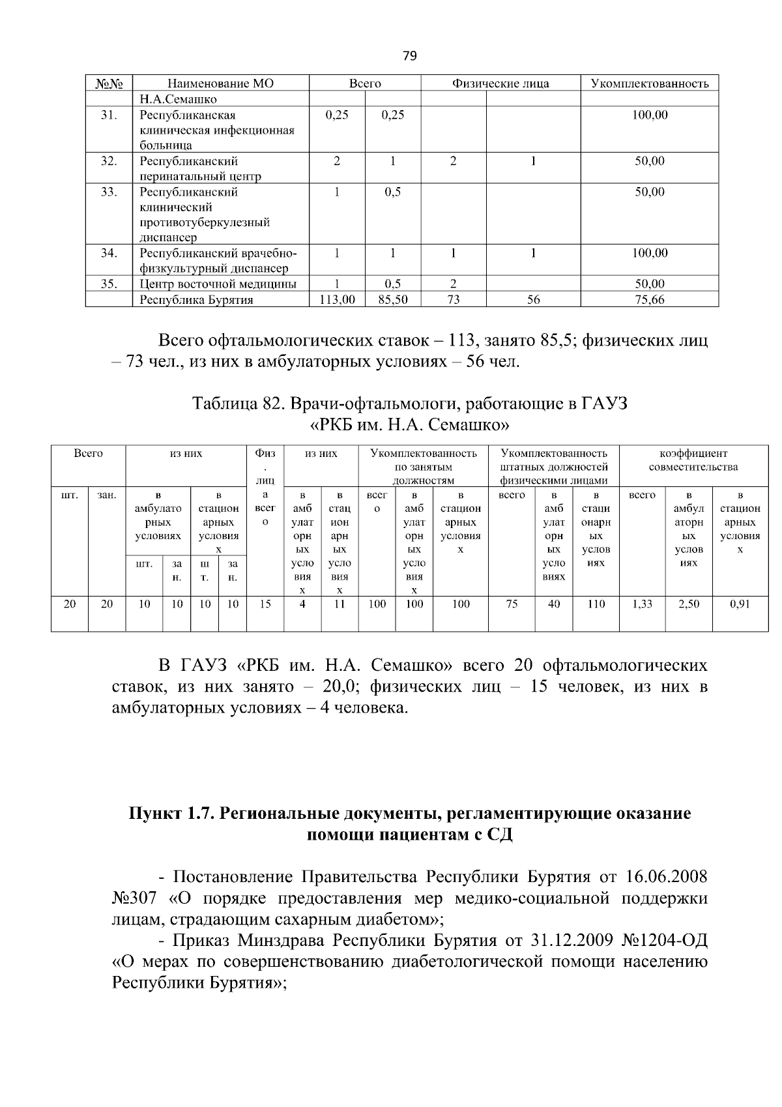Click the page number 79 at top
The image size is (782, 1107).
click(x=409, y=55)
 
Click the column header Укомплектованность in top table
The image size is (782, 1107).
click(x=649, y=83)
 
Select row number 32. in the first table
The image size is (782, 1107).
click(x=109, y=161)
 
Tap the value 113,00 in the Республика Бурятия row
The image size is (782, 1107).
click(x=336, y=300)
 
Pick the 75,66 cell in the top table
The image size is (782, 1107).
click(x=649, y=300)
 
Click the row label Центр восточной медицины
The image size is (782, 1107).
click(x=218, y=284)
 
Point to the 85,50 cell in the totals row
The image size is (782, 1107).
click(x=392, y=300)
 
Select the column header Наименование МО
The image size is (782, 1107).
click(x=220, y=83)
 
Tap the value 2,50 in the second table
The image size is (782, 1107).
click(x=688, y=604)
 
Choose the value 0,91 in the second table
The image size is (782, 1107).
click(x=740, y=604)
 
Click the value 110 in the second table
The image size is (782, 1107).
click(x=595, y=604)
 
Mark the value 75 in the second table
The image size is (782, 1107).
click(x=512, y=604)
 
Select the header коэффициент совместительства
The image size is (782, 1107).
click(x=693, y=460)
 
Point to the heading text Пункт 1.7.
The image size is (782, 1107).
click(x=171, y=814)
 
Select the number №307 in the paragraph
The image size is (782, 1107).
click(x=134, y=897)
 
